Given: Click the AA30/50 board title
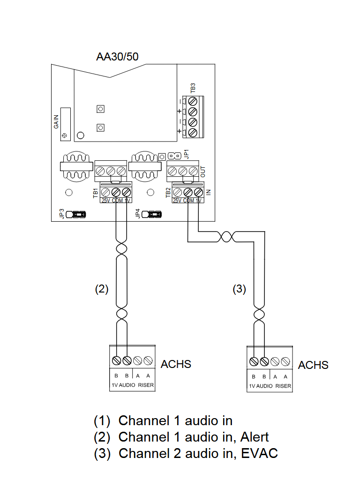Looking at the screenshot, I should (117, 57).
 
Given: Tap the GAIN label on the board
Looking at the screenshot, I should (56, 121).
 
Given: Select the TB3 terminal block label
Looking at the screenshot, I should (193, 88).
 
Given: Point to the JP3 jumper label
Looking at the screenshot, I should (61, 214).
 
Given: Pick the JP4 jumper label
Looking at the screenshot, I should (137, 214).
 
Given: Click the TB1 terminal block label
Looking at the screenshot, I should (96, 193).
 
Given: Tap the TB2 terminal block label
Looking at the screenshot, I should (168, 193).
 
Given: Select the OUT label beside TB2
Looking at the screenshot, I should (203, 171).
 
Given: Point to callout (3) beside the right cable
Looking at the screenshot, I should (239, 289).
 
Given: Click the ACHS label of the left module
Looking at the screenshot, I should (176, 364).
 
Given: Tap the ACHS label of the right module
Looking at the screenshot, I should (313, 365).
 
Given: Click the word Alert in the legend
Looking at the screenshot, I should (255, 437).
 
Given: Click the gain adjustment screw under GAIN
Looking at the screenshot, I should (64, 135).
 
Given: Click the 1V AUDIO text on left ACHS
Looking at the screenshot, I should (123, 385).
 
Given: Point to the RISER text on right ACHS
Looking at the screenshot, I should (283, 386).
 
